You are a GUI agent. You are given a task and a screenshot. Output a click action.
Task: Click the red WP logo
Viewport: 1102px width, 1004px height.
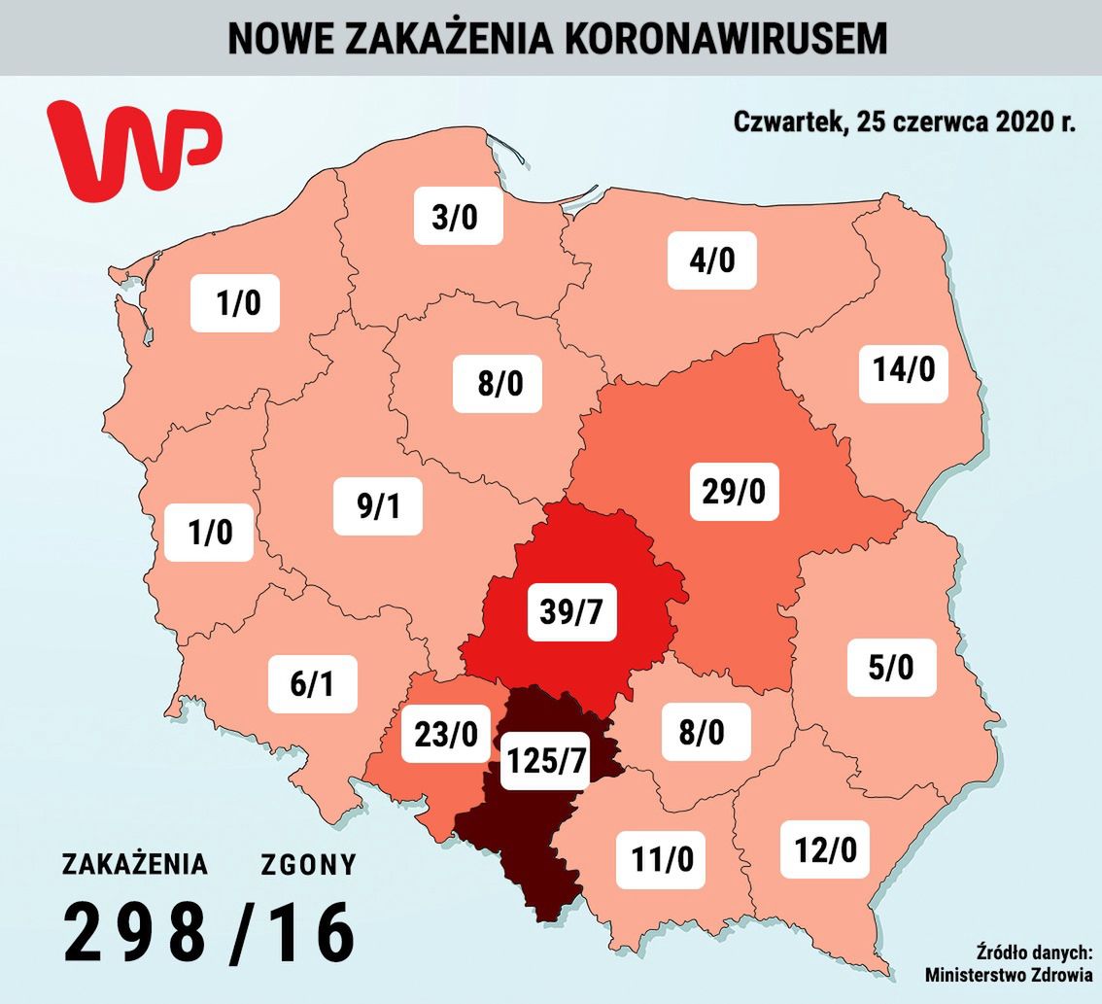tap(134, 148)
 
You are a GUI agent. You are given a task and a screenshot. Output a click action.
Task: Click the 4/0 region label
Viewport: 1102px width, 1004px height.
tap(711, 260)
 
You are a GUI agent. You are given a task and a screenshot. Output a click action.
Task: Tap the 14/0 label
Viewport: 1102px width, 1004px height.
tap(903, 369)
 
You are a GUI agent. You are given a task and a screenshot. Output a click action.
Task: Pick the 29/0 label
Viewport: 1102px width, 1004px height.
tap(734, 491)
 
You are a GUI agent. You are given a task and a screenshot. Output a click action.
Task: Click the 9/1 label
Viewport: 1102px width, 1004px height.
tap(378, 505)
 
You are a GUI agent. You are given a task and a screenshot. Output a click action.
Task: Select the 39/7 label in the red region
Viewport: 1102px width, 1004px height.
tap(572, 611)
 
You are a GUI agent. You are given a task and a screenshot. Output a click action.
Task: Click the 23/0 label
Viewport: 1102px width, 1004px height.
tap(445, 734)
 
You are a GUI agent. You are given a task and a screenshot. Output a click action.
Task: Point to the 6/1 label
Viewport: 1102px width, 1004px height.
tap(313, 684)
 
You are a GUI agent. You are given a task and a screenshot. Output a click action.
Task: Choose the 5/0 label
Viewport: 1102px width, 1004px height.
tap(892, 668)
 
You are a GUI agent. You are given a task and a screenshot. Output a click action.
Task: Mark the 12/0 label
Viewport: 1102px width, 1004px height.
tap(824, 850)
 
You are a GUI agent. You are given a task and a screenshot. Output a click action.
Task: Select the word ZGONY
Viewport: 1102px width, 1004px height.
tap(308, 864)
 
